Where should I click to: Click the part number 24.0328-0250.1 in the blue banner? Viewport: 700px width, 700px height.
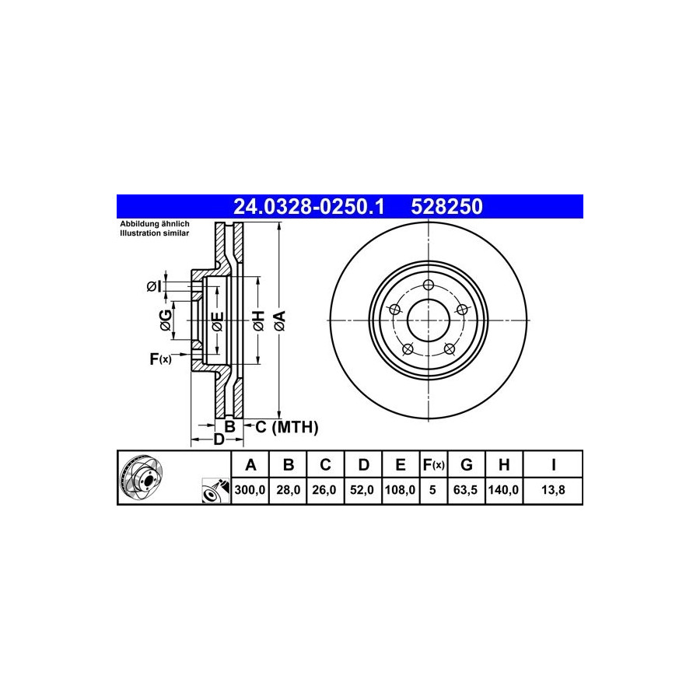(x=309, y=207)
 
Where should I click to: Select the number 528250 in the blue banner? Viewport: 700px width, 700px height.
(x=446, y=207)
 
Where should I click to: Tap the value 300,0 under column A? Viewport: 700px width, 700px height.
(x=250, y=490)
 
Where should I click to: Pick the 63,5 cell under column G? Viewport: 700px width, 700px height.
(x=465, y=490)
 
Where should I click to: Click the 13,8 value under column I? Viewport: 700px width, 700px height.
(x=553, y=490)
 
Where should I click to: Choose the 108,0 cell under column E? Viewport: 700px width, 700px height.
(x=400, y=490)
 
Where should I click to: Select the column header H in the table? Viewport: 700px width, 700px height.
(x=504, y=465)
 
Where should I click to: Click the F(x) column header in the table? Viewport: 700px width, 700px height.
(x=433, y=465)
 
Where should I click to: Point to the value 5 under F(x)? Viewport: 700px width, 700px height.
(x=432, y=490)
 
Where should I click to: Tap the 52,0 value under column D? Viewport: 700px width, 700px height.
(x=362, y=490)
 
